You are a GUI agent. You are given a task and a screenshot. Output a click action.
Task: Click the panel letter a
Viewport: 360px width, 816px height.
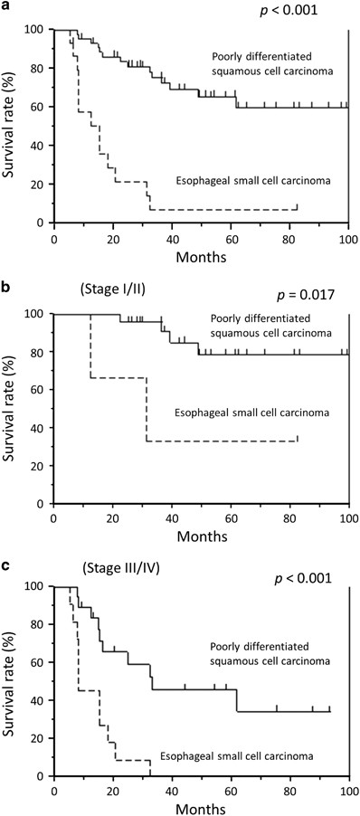(x=6, y=6)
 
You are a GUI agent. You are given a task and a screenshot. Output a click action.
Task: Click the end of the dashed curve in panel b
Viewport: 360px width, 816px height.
(x=297, y=440)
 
